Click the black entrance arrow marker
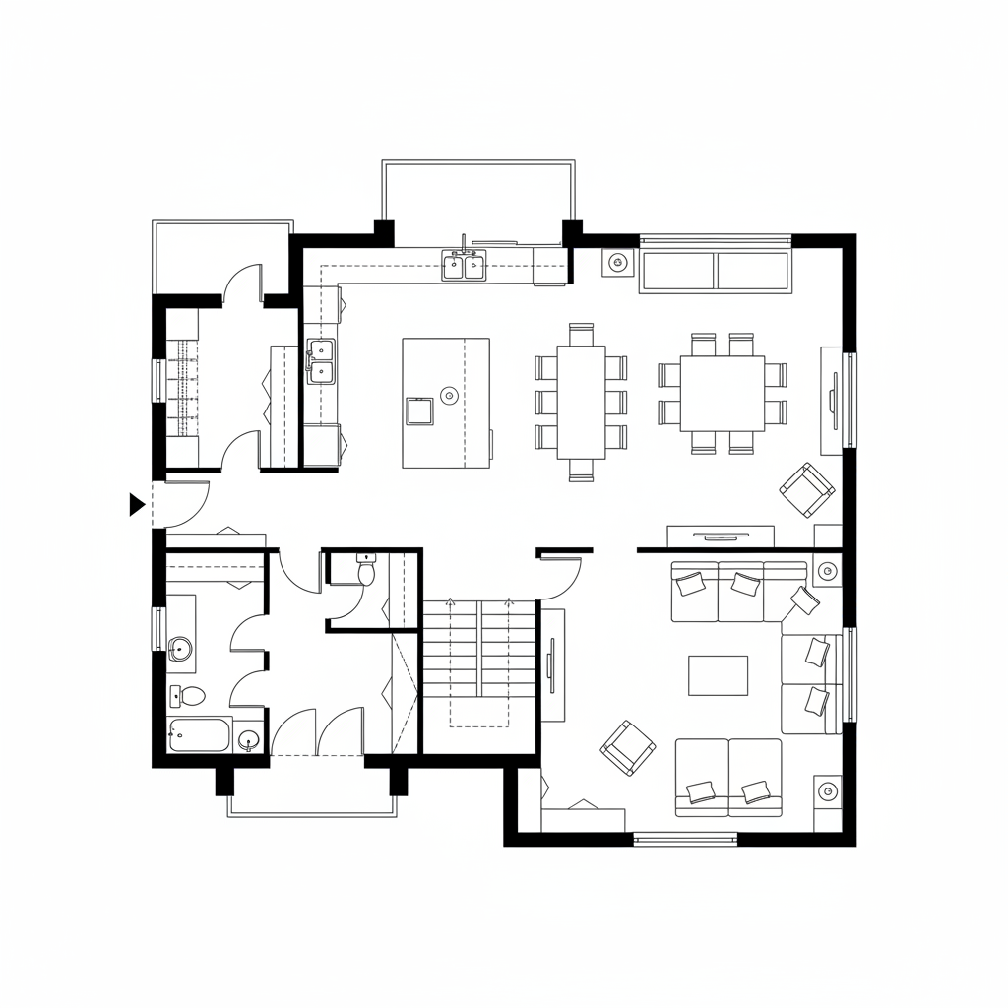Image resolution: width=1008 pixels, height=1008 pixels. pyautogui.click(x=137, y=505)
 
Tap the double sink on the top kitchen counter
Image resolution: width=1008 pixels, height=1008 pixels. pyautogui.click(x=464, y=265)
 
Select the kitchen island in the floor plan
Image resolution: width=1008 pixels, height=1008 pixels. pyautogui.click(x=446, y=402)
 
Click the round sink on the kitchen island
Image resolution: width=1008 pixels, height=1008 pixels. pyautogui.click(x=449, y=396)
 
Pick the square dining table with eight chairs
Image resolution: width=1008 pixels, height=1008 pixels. pyautogui.click(x=723, y=393)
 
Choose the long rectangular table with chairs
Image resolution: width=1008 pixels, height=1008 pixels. pyautogui.click(x=581, y=402)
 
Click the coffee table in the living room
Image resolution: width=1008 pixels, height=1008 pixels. pyautogui.click(x=718, y=675)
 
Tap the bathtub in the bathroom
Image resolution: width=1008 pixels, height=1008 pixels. pyautogui.click(x=200, y=734)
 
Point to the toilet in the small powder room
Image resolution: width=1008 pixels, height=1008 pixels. pyautogui.click(x=366, y=571)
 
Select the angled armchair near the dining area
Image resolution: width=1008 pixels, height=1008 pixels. pyautogui.click(x=807, y=489)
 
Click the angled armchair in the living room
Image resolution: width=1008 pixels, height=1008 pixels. pyautogui.click(x=628, y=747)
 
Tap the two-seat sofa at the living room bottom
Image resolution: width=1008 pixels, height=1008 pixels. pyautogui.click(x=728, y=778)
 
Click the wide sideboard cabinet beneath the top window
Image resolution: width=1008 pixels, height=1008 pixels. pyautogui.click(x=716, y=271)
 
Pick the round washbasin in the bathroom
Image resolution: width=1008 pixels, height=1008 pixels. pyautogui.click(x=180, y=648)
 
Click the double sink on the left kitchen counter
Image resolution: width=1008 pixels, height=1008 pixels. pyautogui.click(x=320, y=360)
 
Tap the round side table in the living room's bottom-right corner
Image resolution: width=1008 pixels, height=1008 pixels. pyautogui.click(x=827, y=790)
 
